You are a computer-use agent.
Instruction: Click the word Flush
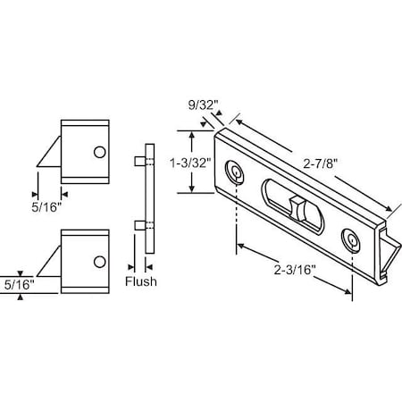click(141, 282)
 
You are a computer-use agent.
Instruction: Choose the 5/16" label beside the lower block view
click(19, 285)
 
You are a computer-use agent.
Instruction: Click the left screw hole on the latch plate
click(236, 171)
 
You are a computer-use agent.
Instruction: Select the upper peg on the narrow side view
click(138, 162)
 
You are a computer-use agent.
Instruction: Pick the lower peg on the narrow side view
click(138, 224)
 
